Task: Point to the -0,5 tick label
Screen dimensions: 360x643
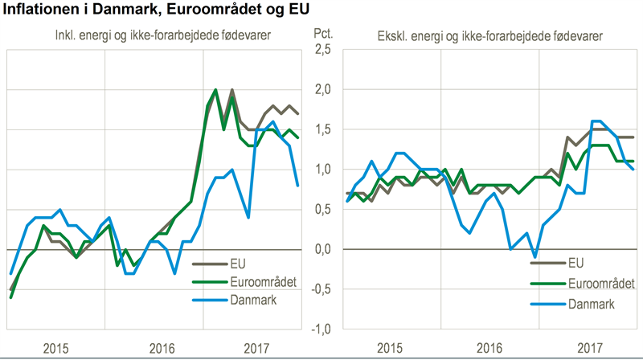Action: pyautogui.click(x=321, y=289)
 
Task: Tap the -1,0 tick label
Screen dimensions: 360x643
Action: pyautogui.click(x=321, y=329)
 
